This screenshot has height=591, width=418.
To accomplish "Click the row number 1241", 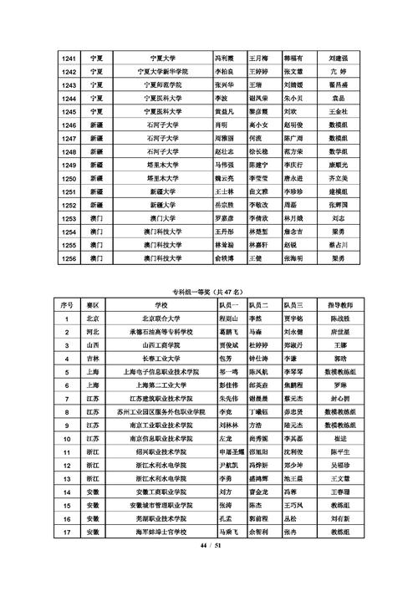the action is click(x=69, y=59).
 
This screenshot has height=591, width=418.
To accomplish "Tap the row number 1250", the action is click(x=69, y=178).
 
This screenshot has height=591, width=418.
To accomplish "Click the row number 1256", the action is click(x=69, y=258).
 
